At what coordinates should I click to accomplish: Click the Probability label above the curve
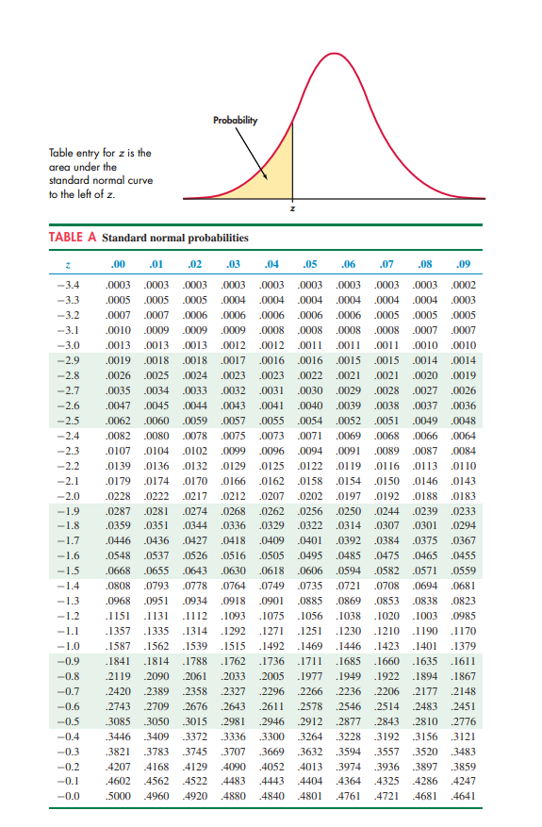point(235,120)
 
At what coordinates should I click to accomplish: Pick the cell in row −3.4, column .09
point(464,284)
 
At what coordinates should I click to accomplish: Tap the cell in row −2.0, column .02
point(196,495)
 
